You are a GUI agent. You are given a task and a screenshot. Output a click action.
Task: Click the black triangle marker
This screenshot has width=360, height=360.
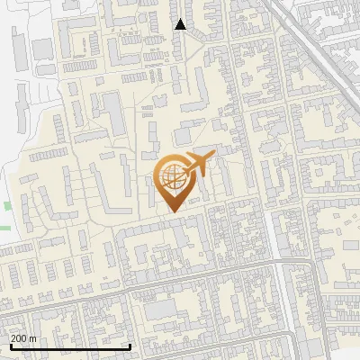pyautogui.click(x=181, y=24)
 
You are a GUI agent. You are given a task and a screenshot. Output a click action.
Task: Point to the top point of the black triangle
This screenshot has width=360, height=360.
pyautogui.click(x=181, y=18)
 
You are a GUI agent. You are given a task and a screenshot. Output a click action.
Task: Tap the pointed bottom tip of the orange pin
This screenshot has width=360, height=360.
pyautogui.click(x=173, y=211)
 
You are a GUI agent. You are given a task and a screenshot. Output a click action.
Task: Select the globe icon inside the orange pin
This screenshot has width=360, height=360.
pyautogui.click(x=172, y=177)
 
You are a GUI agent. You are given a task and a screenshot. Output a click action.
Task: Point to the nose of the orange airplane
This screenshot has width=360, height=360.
pyautogui.click(x=214, y=157)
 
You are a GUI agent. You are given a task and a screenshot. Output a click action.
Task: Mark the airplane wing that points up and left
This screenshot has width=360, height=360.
pyautogui.click(x=192, y=158)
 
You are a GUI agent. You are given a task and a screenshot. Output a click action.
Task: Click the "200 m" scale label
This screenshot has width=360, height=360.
pyautogui.click(x=23, y=338)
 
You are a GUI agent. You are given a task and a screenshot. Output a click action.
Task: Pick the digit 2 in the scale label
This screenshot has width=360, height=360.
pyautogui.click(x=13, y=338)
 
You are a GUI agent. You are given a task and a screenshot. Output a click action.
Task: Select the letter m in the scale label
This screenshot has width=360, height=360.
pyautogui.click(x=32, y=338)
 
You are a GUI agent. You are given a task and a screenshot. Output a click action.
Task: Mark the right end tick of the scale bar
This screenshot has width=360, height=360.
pyautogui.click(x=130, y=345)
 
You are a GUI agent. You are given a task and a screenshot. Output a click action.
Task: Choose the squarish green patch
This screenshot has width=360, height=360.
pyautogui.click(x=8, y=206)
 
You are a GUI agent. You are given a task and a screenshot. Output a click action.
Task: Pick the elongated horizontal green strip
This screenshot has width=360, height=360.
pyautogui.click(x=4, y=228)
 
